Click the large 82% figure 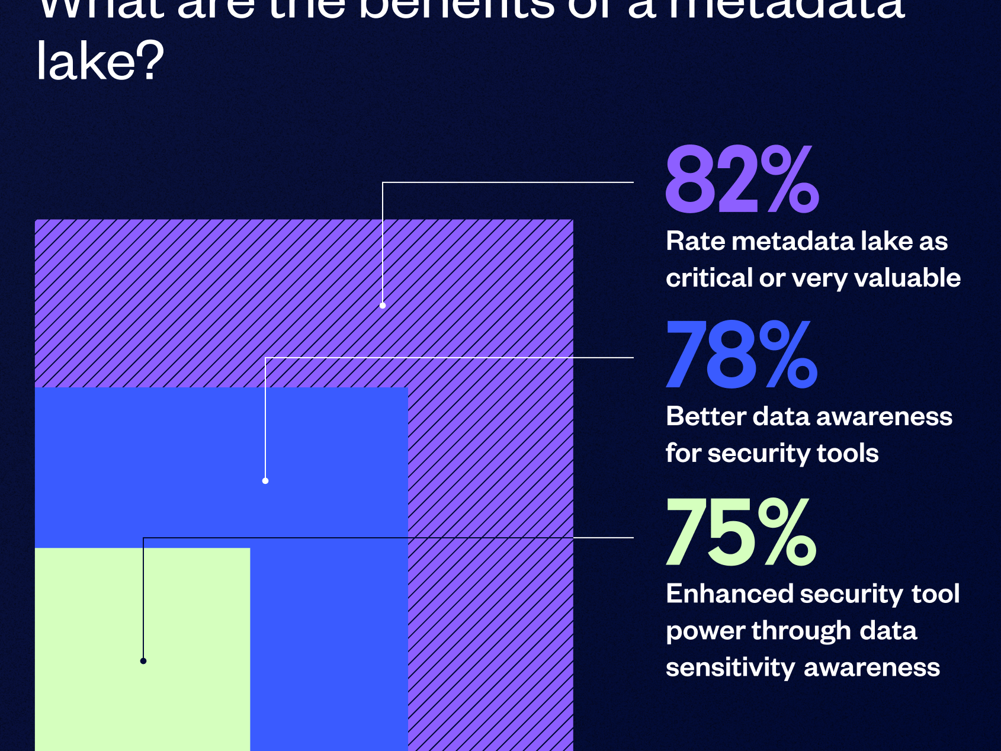[742, 180]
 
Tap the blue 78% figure [742, 355]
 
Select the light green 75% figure [740, 532]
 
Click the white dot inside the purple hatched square [383, 306]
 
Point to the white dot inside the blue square [265, 481]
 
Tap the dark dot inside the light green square [143, 661]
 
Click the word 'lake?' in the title [100, 62]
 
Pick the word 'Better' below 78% [705, 416]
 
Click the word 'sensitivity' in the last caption [730, 667]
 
